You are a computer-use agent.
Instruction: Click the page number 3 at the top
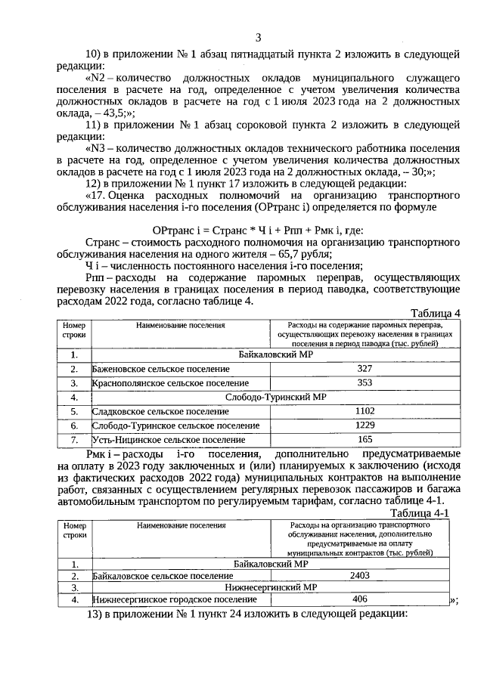click(x=258, y=38)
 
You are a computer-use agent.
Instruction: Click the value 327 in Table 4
click(x=365, y=369)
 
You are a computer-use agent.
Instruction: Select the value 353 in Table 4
click(x=365, y=382)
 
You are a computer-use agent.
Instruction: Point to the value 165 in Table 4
click(x=365, y=439)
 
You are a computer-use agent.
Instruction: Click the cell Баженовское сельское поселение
click(x=160, y=369)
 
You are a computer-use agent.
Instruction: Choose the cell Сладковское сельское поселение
click(x=160, y=412)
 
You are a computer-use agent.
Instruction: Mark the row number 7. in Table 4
click(x=74, y=440)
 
